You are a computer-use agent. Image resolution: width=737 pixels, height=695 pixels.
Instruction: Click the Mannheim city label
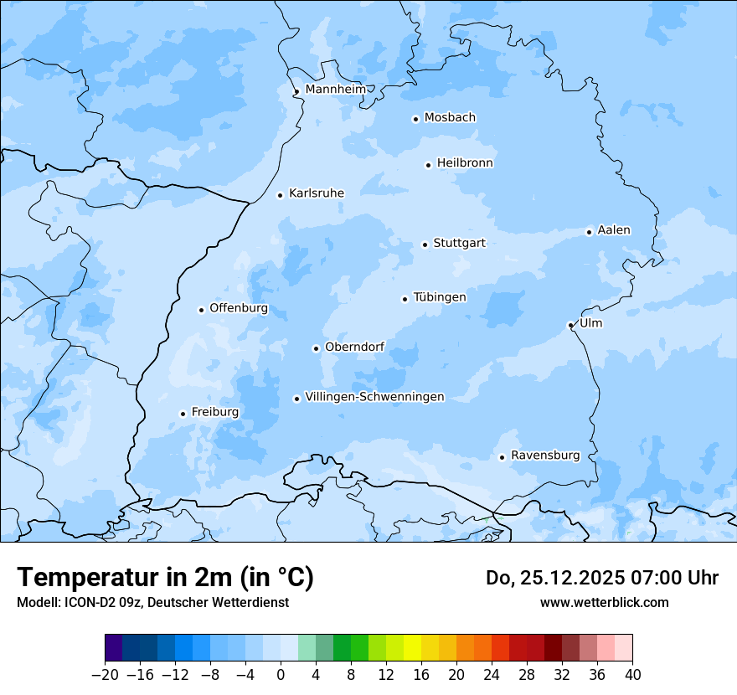[335, 89]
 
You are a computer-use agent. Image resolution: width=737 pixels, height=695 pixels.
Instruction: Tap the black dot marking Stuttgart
[425, 245]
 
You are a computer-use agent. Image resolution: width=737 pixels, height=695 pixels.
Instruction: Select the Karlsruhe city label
[316, 193]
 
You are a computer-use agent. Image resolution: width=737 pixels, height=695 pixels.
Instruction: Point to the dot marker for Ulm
[570, 325]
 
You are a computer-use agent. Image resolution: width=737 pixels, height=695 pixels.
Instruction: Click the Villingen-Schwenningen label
[374, 397]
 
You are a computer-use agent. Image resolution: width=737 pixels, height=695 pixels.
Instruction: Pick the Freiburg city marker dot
[183, 414]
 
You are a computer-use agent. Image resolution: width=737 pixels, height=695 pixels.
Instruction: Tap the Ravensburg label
[545, 456]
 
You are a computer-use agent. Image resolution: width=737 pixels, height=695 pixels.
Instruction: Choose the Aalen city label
[614, 230]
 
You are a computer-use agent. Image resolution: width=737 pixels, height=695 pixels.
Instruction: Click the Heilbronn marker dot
[428, 165]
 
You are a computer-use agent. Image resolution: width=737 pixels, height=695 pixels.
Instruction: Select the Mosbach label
[450, 117]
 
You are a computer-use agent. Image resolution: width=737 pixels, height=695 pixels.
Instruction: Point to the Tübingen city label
[440, 297]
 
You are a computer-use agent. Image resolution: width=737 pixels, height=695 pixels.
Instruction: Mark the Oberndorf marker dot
[316, 348]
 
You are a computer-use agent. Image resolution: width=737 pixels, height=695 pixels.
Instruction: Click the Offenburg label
[239, 308]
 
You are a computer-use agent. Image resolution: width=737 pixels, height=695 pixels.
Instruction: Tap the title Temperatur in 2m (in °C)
[165, 577]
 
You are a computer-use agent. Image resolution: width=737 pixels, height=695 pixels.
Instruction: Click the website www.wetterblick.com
[604, 602]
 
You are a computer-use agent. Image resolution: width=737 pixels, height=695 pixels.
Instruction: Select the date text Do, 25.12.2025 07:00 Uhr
[601, 578]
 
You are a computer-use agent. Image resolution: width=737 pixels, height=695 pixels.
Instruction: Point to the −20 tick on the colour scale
[105, 675]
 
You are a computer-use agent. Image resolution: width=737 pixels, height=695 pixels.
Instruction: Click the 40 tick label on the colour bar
[632, 675]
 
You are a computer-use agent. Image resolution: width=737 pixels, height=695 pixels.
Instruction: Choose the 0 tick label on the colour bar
[281, 675]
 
